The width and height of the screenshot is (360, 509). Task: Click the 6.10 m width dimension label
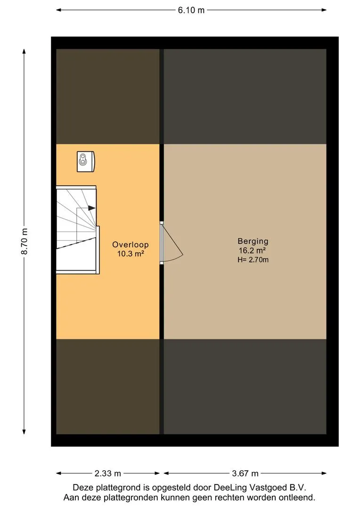pos(191,10)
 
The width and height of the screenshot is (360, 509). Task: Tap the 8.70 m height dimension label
pos(25,241)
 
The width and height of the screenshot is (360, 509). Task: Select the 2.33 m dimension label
pos(108,473)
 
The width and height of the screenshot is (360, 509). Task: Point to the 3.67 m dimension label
pos(245,473)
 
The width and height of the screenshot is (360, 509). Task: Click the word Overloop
pos(131,245)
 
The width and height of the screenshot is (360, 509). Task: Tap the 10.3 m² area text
pos(131,254)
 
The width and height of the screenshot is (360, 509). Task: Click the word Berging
pos(253,241)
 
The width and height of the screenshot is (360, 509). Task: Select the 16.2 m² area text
pos(252,250)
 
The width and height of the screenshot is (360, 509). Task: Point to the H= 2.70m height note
pos(253,260)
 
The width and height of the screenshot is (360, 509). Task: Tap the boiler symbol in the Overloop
pos(86,161)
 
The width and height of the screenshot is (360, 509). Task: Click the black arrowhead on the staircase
pos(92,208)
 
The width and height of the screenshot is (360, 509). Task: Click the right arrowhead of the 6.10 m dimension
pos(324,10)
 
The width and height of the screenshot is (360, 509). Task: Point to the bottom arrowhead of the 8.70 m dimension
pos(24,432)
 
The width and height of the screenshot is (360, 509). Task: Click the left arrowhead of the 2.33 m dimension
pos(59,473)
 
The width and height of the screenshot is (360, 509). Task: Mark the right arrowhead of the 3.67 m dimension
pos(324,473)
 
